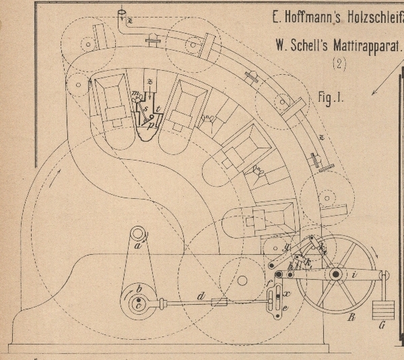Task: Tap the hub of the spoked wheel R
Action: pos(335,275)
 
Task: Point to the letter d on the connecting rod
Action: pos(199,295)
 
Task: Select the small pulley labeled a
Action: pos(139,235)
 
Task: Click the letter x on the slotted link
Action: pos(287,295)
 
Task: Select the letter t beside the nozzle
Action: pos(157,109)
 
